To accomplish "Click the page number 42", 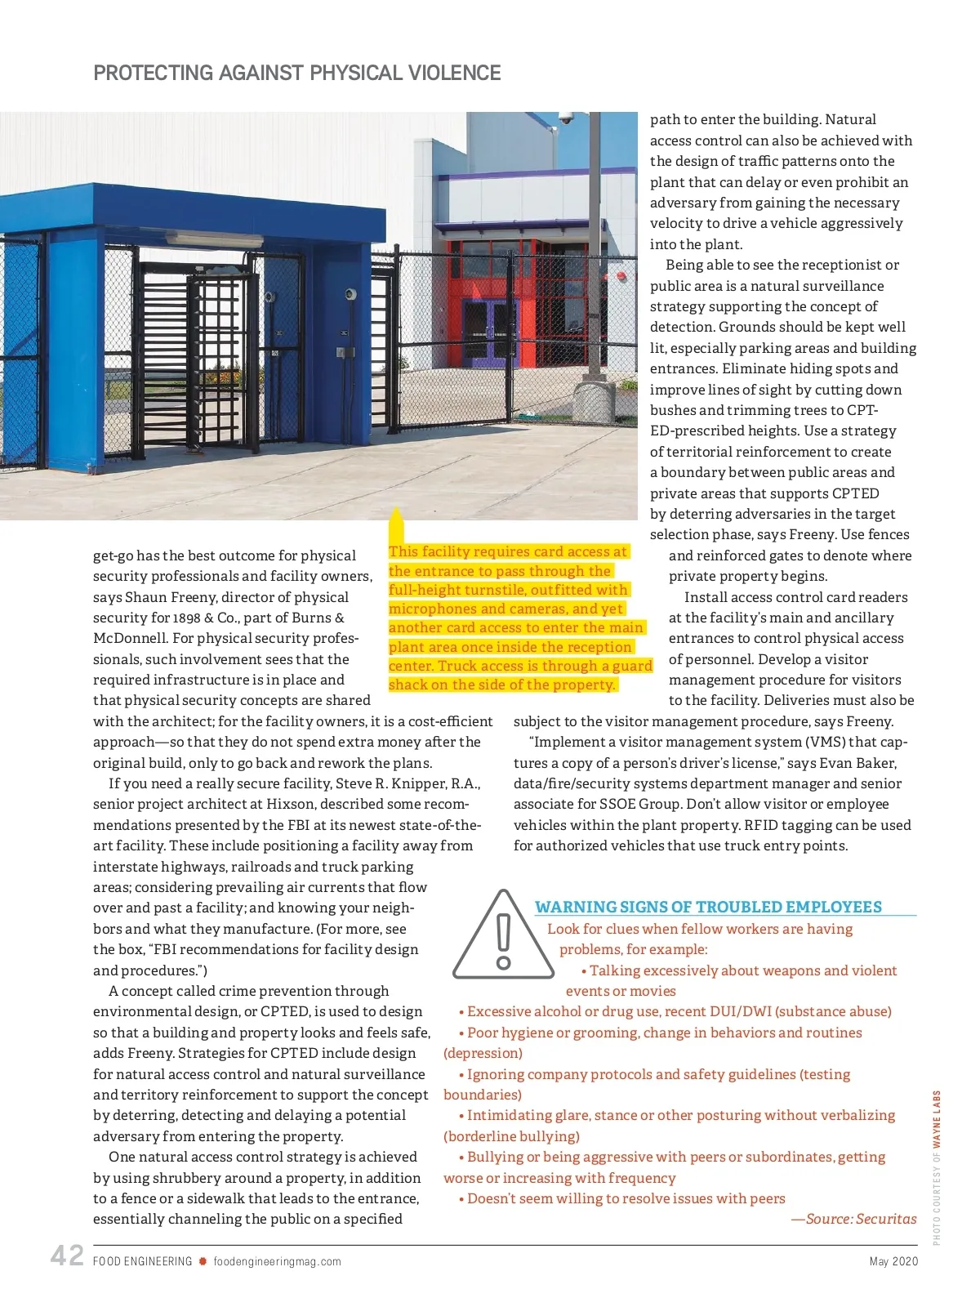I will [x=67, y=1256].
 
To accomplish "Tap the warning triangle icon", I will [x=503, y=937].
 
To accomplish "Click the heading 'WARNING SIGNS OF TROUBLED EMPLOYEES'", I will [x=708, y=907].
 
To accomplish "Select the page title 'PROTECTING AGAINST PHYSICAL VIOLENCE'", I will [x=297, y=73].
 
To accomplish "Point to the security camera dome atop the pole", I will [x=565, y=118].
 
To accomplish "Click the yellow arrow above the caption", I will [x=396, y=523].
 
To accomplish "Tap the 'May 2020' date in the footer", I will [x=893, y=1261].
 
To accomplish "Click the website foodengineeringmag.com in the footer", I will [x=277, y=1261].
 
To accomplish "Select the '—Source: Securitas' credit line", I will [x=853, y=1219].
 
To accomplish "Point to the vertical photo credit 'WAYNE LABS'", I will [x=937, y=1119].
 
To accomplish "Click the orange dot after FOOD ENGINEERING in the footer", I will [x=203, y=1261].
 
